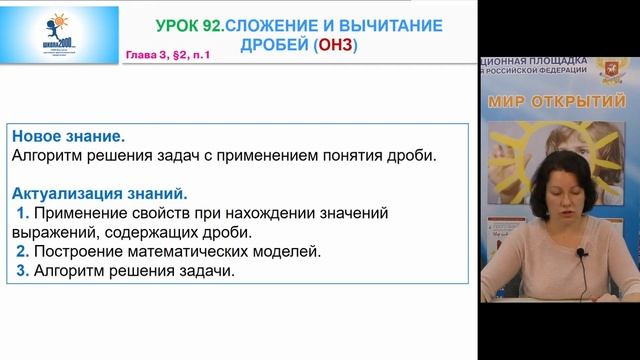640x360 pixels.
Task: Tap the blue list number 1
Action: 22,213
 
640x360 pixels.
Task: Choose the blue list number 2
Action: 22,251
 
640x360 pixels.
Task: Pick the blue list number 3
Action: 22,270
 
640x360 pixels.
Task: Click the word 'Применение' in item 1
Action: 83,213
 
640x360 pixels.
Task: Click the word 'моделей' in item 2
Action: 290,251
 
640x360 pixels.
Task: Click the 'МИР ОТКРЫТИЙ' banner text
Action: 556,102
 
